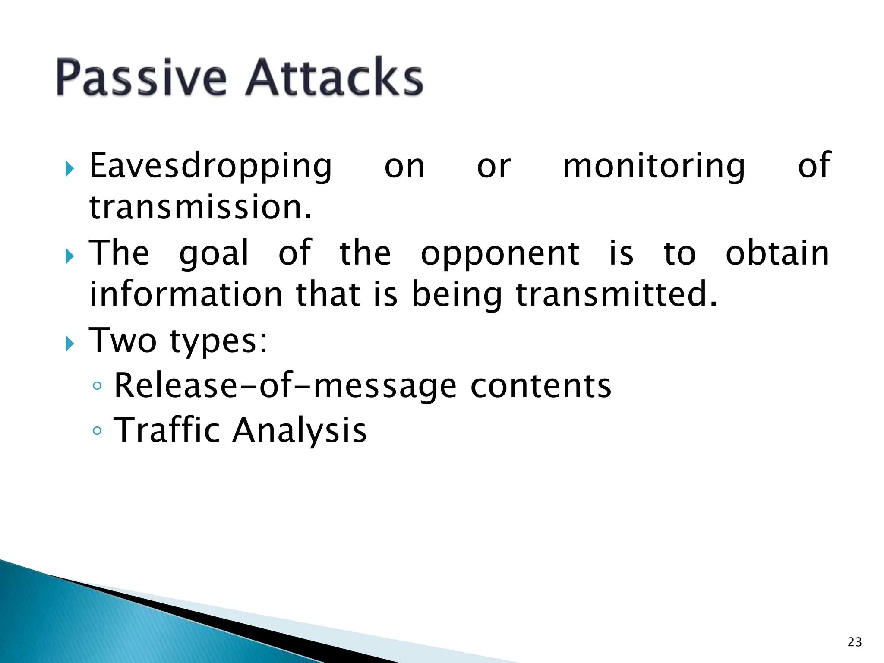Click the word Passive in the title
pos(141,78)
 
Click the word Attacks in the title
pos(335,78)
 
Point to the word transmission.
pos(200,207)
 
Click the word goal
pos(214,254)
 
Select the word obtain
pos(777,253)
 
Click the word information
pos(186,294)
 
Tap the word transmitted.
pos(616,294)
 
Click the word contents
pos(540,385)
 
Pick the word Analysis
pos(299,431)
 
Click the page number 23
pos(855,642)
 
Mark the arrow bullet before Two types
pos(69,344)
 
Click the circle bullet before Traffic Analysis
pos(97,430)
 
